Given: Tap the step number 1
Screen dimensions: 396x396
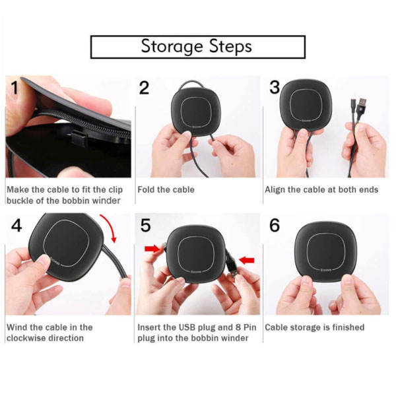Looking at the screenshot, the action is pos(15,88).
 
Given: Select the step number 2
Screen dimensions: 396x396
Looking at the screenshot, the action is pos(144,88).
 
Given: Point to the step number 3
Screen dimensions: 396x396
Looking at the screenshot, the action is pos(275,87).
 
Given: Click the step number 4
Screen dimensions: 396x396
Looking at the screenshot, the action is pos(16,225).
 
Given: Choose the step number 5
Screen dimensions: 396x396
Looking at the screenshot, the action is pos(145,226).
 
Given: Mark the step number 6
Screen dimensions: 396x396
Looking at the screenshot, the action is pos(275,225).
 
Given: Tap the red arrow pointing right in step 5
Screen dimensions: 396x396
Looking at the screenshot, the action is pos(152,249).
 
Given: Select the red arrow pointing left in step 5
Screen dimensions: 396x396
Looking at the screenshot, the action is pos(247,260).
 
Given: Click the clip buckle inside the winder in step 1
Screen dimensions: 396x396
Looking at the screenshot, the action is pos(79,138).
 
